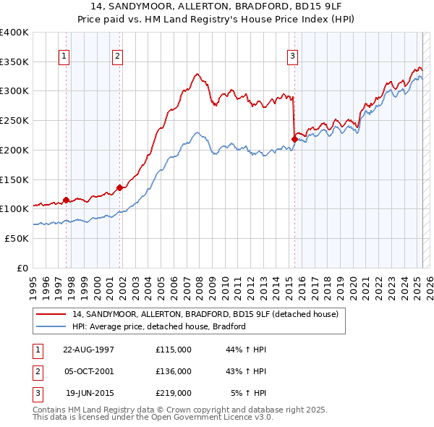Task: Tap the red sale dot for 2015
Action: pos(294,138)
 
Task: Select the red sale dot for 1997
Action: pos(66,200)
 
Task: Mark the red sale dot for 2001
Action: pos(119,187)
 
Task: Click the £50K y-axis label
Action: pos(17,238)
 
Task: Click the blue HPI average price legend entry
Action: pos(159,326)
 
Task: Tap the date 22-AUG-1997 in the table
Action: pos(89,350)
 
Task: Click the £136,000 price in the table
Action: pos(173,371)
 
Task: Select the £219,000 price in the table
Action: pos(173,393)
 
